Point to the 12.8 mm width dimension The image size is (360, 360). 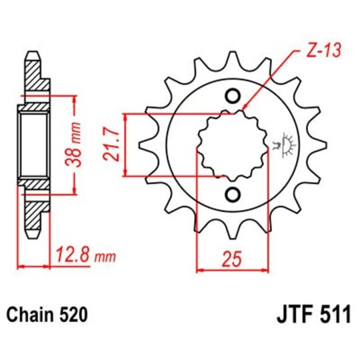87,255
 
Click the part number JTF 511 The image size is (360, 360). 312,314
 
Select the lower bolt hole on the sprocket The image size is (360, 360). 233,193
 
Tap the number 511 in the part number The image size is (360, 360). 335,314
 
